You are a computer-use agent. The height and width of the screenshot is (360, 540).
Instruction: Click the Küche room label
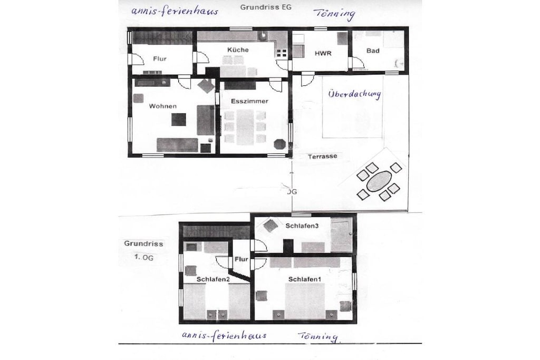(x=238, y=50)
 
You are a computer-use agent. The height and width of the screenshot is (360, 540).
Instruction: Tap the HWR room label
(x=323, y=53)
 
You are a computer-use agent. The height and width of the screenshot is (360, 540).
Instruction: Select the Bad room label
(x=373, y=51)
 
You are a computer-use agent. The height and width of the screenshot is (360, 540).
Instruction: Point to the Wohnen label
(x=163, y=106)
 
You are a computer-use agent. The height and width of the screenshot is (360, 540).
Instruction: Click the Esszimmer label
(x=249, y=101)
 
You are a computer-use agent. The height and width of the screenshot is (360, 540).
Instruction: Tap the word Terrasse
(x=323, y=156)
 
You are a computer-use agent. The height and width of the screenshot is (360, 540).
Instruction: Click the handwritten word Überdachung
(x=354, y=94)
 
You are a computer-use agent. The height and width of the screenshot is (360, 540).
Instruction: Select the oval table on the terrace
(x=379, y=181)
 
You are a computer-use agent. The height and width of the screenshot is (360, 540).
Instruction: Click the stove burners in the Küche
(x=282, y=53)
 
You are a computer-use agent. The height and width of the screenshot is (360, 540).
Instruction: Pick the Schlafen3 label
(x=302, y=226)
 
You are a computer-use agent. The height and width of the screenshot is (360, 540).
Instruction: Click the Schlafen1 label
(x=304, y=279)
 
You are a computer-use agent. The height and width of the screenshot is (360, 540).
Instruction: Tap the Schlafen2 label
(x=213, y=279)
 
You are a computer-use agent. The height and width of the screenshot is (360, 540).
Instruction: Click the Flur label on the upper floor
(x=242, y=259)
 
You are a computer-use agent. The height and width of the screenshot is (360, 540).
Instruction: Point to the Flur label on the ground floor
(x=160, y=59)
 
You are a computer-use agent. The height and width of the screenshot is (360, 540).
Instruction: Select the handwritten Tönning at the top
(x=334, y=14)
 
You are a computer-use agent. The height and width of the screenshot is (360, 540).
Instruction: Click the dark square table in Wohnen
(x=179, y=120)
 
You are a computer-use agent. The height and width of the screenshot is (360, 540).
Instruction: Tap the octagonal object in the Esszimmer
(x=279, y=144)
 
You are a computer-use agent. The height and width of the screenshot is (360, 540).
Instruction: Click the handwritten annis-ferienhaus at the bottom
(x=224, y=335)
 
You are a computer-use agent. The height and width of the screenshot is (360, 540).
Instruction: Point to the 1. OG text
(x=143, y=257)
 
